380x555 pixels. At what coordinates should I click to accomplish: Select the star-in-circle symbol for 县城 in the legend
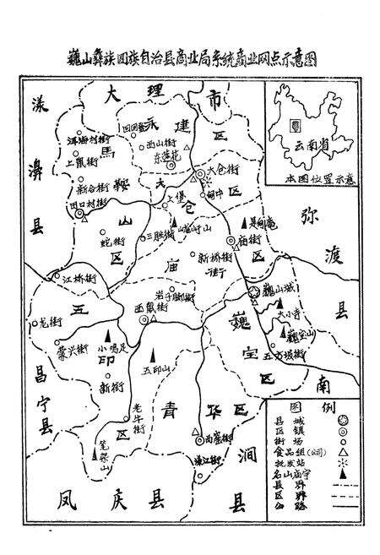click(342, 420)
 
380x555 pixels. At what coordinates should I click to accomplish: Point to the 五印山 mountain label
click(155, 369)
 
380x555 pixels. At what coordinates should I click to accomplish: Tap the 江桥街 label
click(57, 277)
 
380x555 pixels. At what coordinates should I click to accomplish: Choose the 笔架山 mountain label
click(99, 460)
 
